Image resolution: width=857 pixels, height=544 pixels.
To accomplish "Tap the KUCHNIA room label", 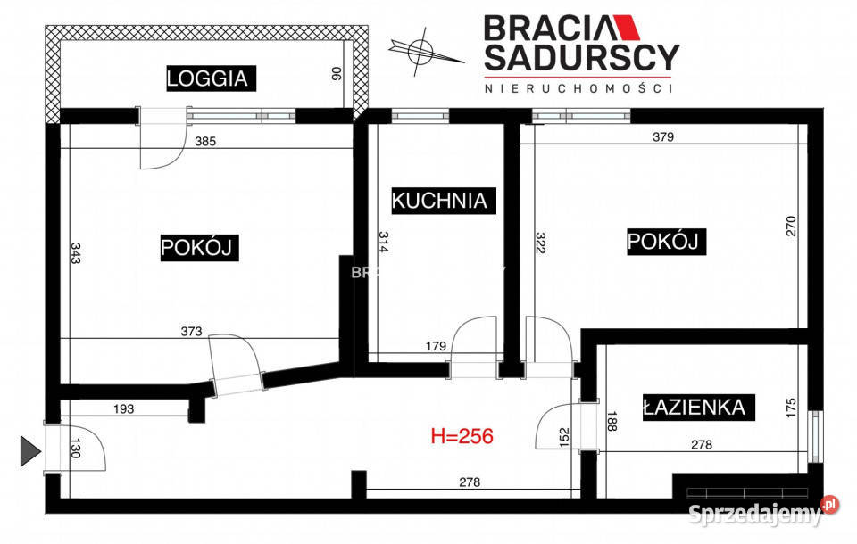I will [440, 200].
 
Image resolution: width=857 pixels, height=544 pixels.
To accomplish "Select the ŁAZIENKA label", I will [694, 408].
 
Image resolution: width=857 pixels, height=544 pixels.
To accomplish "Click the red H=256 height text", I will [462, 436].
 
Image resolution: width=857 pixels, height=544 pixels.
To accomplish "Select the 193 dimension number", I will [123, 409].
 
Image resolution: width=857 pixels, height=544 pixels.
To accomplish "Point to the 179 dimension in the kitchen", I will [435, 347].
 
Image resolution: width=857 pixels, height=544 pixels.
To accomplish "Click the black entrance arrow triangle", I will [30, 451].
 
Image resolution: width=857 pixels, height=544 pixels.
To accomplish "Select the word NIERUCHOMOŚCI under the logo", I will [578, 88].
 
